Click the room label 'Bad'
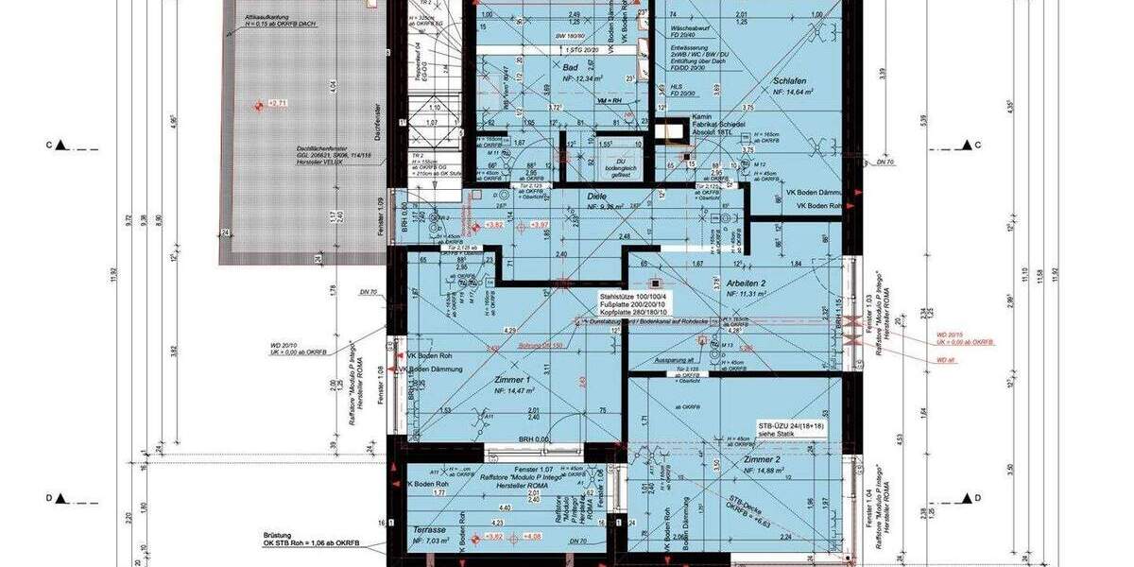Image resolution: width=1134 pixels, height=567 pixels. click(x=570, y=68)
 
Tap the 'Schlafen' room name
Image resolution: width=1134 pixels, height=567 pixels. click(x=787, y=81)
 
